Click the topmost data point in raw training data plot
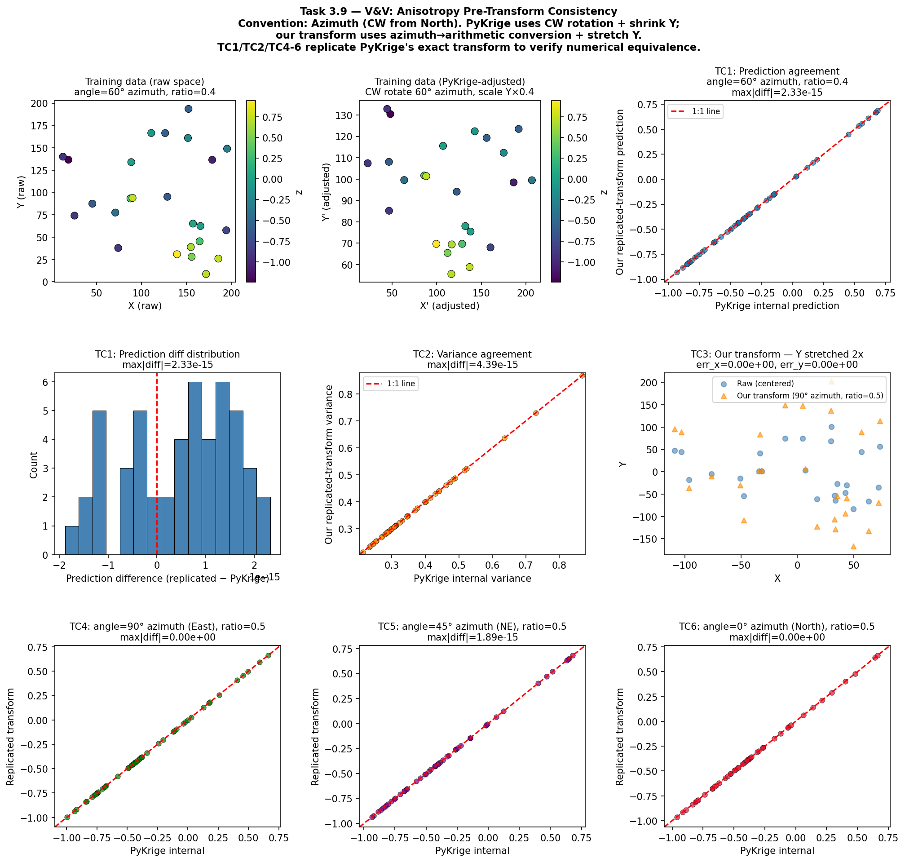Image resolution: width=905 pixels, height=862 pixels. [188, 109]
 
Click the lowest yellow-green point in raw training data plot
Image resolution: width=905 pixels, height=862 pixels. [206, 274]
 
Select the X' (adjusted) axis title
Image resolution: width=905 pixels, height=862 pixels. [449, 306]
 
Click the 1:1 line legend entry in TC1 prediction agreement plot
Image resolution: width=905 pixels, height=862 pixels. [695, 112]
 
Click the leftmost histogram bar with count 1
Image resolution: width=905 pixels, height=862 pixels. [72, 540]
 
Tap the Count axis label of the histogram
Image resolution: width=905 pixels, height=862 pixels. [34, 464]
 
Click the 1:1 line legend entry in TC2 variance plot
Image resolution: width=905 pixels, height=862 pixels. [390, 384]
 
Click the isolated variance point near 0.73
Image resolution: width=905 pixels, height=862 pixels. [536, 413]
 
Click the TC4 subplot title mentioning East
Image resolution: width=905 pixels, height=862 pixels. [167, 627]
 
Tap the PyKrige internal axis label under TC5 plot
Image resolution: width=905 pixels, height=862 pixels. [472, 851]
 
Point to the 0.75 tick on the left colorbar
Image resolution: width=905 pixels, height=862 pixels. [272, 118]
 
